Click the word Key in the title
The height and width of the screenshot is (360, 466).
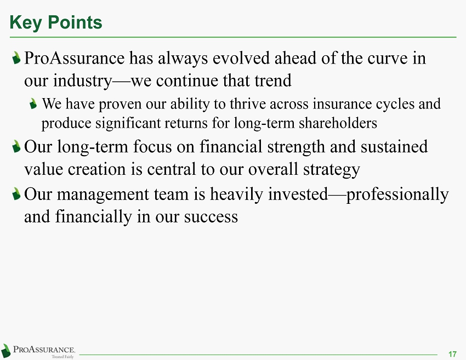26,23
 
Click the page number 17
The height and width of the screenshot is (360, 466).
452,354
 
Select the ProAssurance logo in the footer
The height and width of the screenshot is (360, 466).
38,351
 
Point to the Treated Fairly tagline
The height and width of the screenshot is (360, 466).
62,357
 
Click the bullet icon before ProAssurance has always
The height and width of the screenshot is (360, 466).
16,58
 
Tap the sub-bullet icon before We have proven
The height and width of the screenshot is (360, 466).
33,104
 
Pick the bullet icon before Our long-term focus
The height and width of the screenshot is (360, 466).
16,146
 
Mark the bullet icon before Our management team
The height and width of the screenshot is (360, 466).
16,194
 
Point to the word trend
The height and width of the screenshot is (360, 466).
273,81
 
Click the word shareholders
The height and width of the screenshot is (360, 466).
338,123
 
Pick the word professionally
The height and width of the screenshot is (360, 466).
397,195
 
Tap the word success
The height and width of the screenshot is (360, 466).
211,218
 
